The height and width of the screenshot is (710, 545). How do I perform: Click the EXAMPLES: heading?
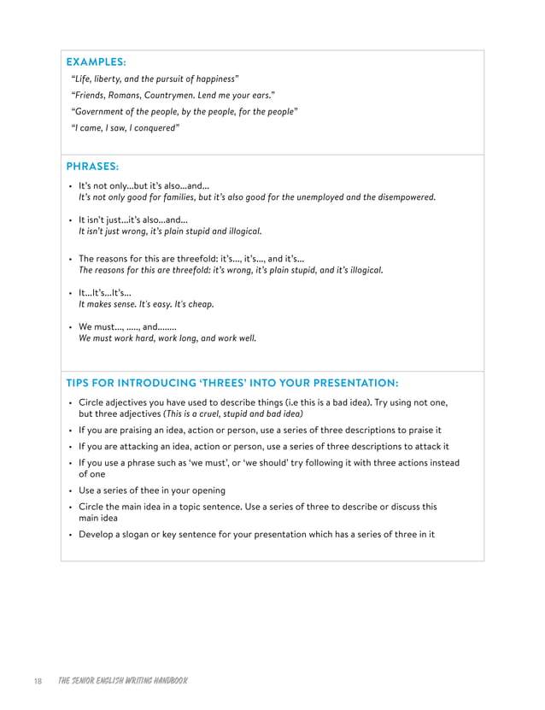[x=97, y=62]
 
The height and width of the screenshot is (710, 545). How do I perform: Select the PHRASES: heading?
[x=92, y=167]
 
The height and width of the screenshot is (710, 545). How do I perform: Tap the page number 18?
[x=38, y=681]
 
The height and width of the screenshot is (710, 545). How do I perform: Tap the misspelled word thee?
[x=158, y=490]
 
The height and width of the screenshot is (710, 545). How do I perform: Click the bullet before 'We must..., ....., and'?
[x=69, y=326]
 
